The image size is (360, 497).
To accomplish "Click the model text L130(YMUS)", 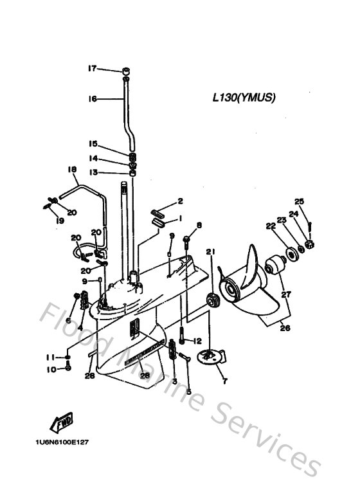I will tap(244, 98).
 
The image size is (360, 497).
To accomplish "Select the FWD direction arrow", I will tap(61, 423).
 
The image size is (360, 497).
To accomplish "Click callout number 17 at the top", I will tap(92, 68).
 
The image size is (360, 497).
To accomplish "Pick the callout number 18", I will tap(72, 170).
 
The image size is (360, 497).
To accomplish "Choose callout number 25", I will tap(299, 201).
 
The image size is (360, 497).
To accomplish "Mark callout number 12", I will tap(197, 341).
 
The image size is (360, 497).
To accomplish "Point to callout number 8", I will tap(199, 225).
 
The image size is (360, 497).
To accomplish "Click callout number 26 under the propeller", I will tap(284, 328).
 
